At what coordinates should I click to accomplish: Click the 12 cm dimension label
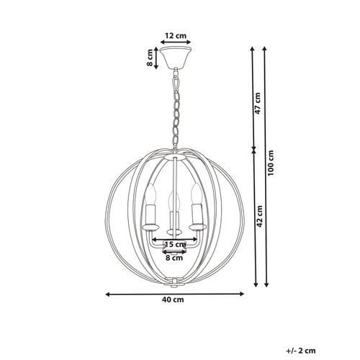point(176,36)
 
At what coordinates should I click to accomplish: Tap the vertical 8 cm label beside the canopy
point(150,58)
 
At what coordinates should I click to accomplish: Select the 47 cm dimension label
point(258,103)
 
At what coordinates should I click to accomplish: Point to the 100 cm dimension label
point(271,163)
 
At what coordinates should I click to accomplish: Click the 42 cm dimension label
point(259,216)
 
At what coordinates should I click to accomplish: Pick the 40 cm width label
point(173,300)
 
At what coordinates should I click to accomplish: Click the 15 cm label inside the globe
point(176,245)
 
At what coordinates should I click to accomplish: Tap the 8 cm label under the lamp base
point(174,258)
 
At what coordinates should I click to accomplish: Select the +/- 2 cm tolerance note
point(301,351)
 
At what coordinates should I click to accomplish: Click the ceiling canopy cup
point(176,58)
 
